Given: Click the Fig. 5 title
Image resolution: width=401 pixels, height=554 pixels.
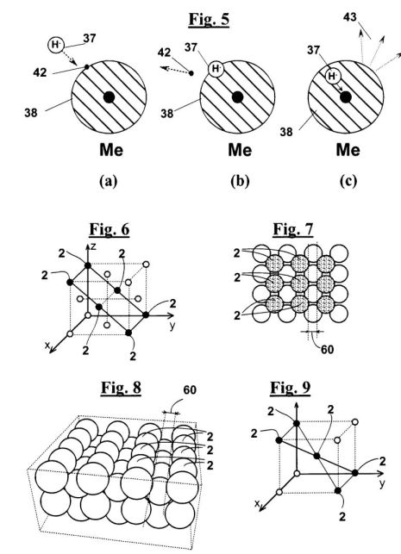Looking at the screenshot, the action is (x=209, y=19).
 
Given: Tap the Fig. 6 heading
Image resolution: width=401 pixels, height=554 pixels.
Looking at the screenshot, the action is (x=110, y=229).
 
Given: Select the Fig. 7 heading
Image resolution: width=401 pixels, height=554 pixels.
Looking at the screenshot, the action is (x=293, y=229).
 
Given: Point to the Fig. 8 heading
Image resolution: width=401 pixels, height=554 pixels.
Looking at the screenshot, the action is (x=121, y=388).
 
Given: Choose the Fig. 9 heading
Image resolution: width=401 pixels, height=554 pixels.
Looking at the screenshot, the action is (x=291, y=388).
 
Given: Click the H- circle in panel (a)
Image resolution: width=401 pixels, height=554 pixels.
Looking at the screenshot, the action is (x=56, y=45).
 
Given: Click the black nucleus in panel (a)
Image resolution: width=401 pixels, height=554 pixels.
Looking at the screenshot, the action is (x=109, y=96).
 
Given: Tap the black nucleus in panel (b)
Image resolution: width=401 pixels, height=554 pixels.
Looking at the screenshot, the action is (x=237, y=96).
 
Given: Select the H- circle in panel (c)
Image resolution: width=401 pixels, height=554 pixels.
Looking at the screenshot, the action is (x=332, y=76).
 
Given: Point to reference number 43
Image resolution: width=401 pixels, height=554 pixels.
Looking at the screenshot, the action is (x=350, y=17).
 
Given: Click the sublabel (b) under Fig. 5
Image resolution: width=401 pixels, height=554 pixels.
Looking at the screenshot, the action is (x=240, y=181).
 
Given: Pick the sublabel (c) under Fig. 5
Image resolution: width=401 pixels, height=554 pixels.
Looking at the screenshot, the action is (x=348, y=181).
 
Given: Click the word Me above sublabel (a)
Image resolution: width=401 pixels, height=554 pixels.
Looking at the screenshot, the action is (x=111, y=150).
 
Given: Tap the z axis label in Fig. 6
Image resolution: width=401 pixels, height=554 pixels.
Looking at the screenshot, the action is (x=93, y=247).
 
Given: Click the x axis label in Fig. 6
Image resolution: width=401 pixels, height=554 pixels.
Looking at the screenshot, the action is (x=47, y=345).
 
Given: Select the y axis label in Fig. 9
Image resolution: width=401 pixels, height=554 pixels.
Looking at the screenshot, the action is (x=382, y=483).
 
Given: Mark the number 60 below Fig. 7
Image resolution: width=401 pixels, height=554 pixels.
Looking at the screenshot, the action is (x=327, y=350).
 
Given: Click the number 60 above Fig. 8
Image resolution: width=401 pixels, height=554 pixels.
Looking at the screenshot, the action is (x=190, y=390).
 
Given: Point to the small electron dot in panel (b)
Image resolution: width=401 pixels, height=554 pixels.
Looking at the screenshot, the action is (x=191, y=73).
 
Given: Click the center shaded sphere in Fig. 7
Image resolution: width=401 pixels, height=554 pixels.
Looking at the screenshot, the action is (x=300, y=283).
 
